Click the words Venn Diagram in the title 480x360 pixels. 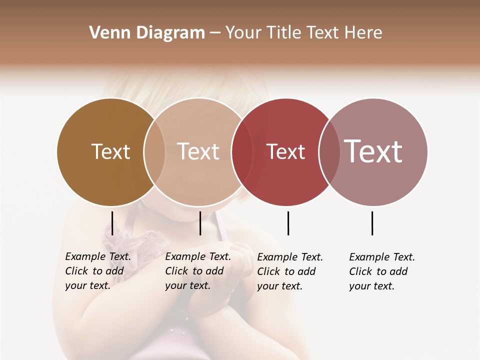click(147, 33)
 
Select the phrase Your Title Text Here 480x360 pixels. click(303, 33)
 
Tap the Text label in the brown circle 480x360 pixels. click(110, 151)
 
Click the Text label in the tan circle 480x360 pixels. click(198, 151)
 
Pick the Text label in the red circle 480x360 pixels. click(285, 151)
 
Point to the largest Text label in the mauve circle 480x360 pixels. click(373, 151)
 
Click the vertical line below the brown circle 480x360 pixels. click(112, 223)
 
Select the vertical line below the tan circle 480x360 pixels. click(200, 223)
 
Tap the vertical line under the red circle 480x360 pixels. click(288, 223)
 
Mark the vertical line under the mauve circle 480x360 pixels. click(372, 223)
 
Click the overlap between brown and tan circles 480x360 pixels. click(154, 151)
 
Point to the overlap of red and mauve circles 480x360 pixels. click(329, 151)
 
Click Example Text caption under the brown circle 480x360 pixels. click(98, 271)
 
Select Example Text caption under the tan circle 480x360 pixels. click(198, 271)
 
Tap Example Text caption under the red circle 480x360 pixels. click(290, 271)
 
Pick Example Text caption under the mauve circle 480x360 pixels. click(382, 271)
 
